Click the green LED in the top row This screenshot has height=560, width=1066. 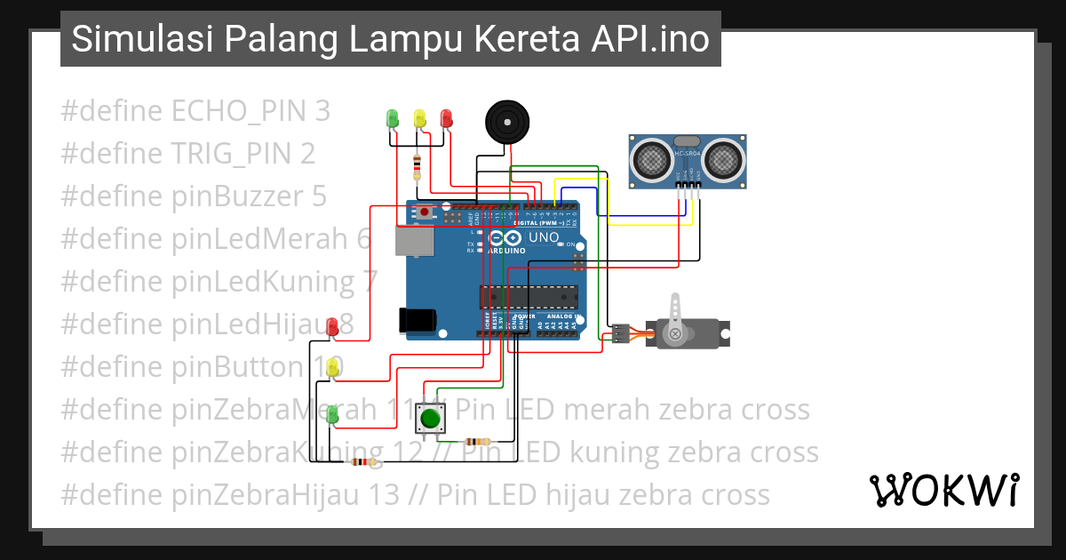tap(392, 117)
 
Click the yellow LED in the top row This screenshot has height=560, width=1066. tap(419, 117)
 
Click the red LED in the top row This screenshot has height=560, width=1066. tap(446, 117)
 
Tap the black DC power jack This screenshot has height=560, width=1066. tap(418, 320)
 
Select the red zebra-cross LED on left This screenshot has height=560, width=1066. tap(332, 326)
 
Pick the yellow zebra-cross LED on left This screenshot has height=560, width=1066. tap(332, 367)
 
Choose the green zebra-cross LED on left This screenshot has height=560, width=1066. tap(332, 413)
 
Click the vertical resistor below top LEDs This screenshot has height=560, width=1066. tap(418, 165)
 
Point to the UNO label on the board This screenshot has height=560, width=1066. tap(544, 237)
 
